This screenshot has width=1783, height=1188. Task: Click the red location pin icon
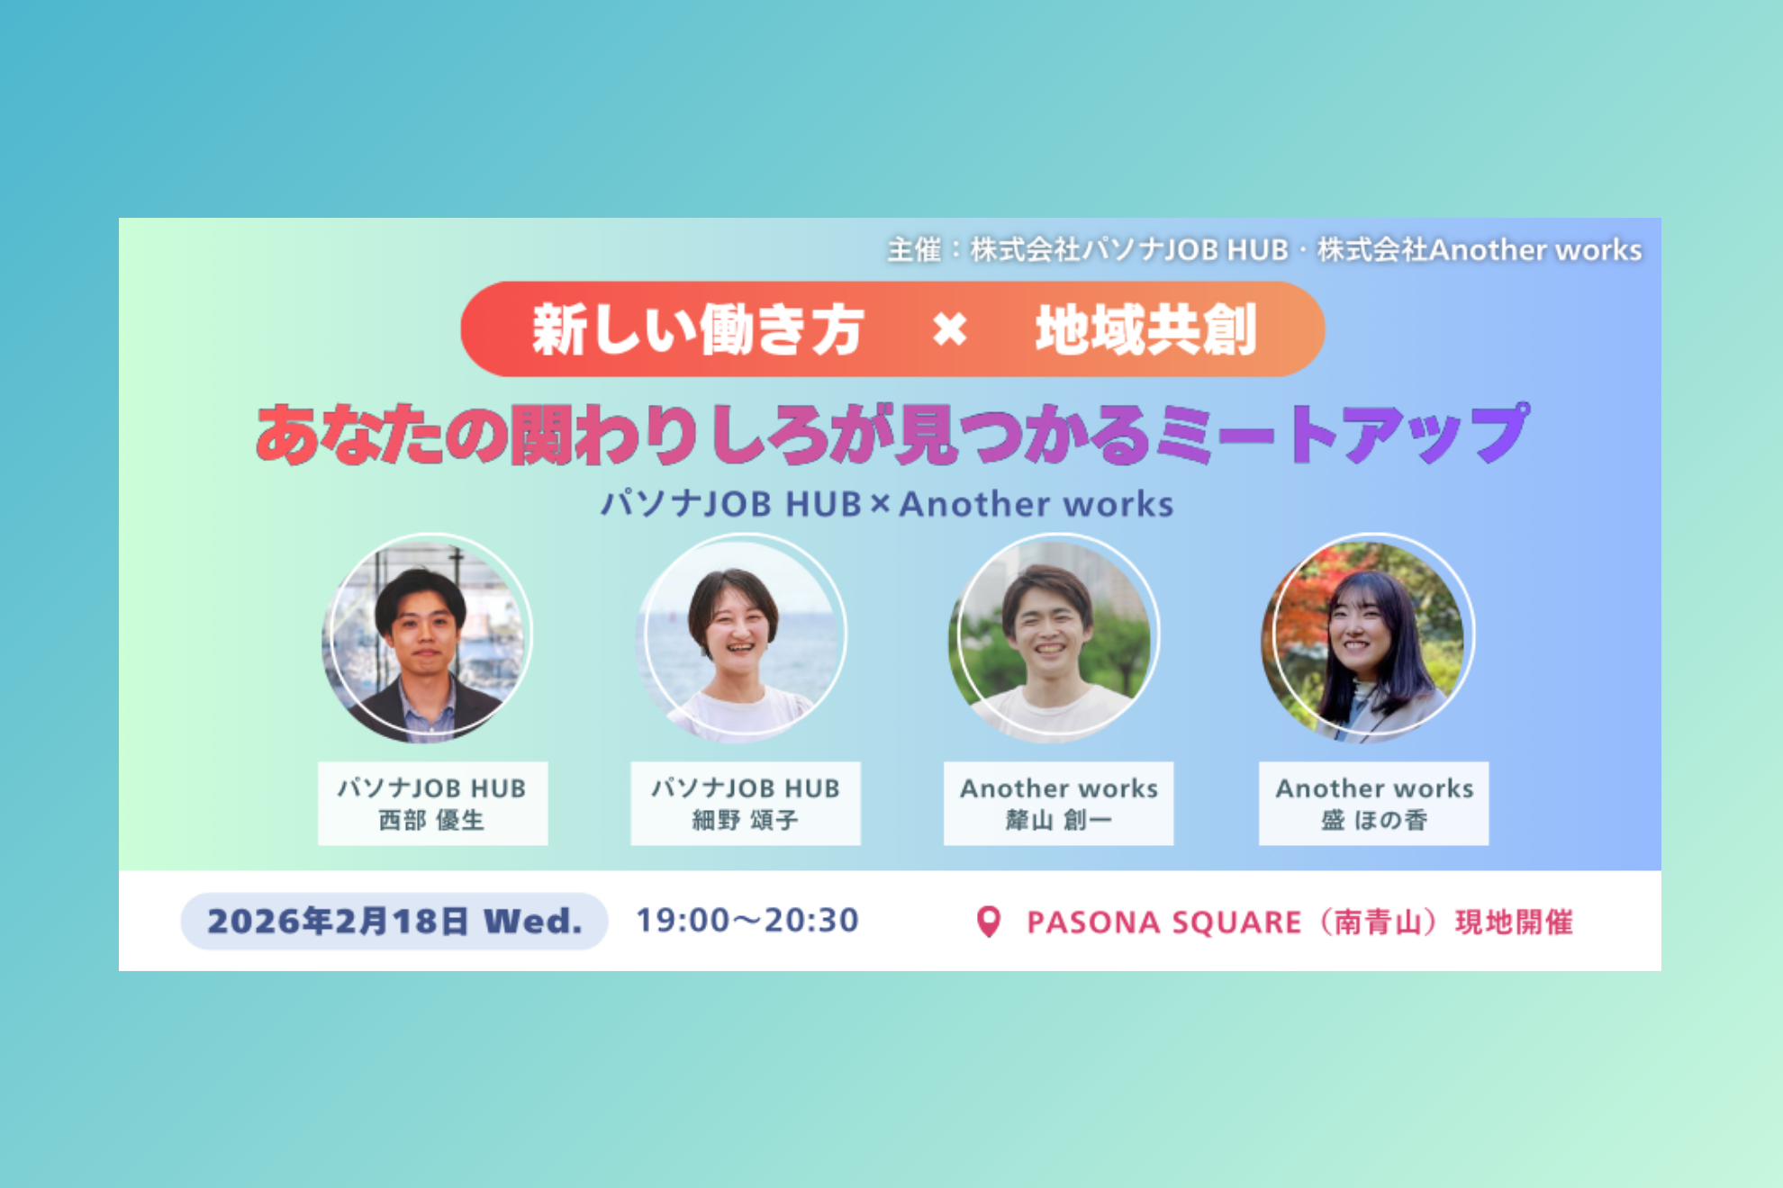[x=988, y=921]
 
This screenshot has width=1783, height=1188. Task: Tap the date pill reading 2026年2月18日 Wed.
[x=394, y=921]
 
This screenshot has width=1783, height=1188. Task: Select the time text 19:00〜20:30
[x=747, y=920]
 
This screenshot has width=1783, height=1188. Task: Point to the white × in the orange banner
[x=949, y=329]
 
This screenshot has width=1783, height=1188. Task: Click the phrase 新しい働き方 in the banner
[x=698, y=329]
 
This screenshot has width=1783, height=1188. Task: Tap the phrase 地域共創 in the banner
[x=1145, y=329]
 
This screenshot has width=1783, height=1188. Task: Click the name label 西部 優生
[x=431, y=820]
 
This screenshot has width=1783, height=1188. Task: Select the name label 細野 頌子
[x=745, y=820]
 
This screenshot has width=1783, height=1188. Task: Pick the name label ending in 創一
[x=1058, y=820]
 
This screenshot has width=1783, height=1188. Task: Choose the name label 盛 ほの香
[x=1373, y=820]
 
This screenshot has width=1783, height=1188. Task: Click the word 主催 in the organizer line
[x=913, y=249]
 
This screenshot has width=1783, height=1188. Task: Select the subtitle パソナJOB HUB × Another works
[x=887, y=504]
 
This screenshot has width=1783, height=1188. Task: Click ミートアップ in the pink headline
[x=1342, y=434]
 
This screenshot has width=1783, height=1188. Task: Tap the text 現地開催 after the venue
[x=1514, y=922]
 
